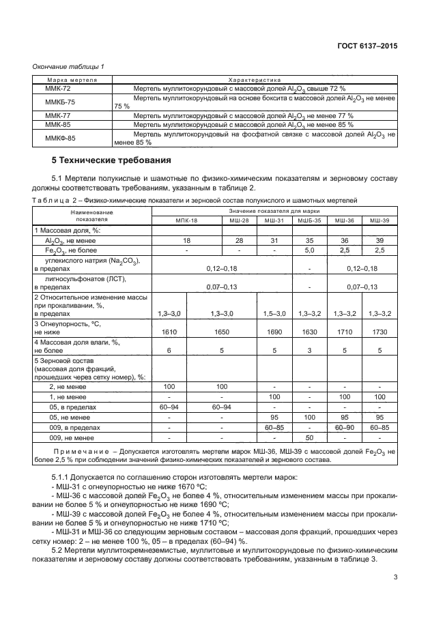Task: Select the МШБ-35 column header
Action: [310, 221]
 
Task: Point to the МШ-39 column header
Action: [379, 221]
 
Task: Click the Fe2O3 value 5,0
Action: [310, 250]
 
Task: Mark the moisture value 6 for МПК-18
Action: [168, 349]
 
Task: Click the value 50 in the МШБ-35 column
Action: [310, 437]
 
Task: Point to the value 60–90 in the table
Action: [345, 426]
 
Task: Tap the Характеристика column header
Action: [254, 80]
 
